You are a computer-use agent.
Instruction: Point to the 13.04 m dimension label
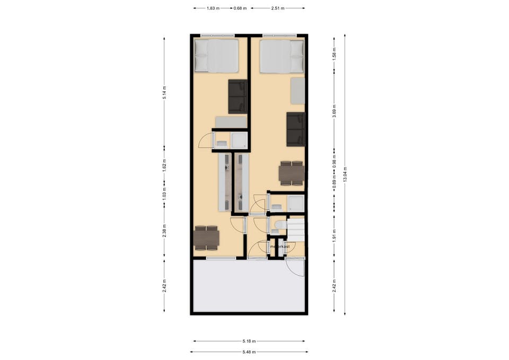click(345, 174)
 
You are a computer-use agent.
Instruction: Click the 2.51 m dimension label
click(277, 8)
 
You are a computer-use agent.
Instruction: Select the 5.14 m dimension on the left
click(164, 92)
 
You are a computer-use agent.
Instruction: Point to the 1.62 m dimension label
click(164, 165)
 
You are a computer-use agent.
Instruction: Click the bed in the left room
click(216, 55)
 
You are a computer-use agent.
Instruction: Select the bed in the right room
click(282, 57)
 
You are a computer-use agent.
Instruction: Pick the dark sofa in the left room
click(238, 96)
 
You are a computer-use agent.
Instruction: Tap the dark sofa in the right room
click(296, 129)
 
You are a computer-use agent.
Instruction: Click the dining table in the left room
click(206, 238)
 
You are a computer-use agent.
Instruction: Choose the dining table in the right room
click(292, 173)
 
